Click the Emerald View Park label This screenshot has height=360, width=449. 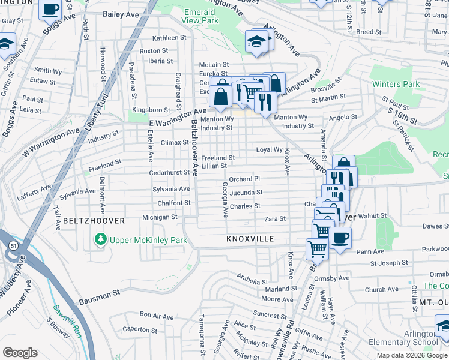click(199, 16)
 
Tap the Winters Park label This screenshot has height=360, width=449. click(396, 84)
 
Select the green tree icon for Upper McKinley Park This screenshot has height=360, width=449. click(100, 241)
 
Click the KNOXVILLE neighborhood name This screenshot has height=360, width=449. click(250, 239)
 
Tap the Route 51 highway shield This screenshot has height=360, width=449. click(13, 245)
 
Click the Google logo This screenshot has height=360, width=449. click(20, 353)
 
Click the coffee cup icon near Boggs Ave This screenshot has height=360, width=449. click(51, 10)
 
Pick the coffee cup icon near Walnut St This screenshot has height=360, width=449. click(340, 236)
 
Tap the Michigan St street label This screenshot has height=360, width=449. click(160, 217)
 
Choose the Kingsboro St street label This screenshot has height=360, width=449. click(152, 110)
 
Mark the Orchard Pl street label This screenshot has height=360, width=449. click(244, 179)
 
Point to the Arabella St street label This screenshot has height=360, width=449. click(251, 278)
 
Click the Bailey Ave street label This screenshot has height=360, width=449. click(121, 14)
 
